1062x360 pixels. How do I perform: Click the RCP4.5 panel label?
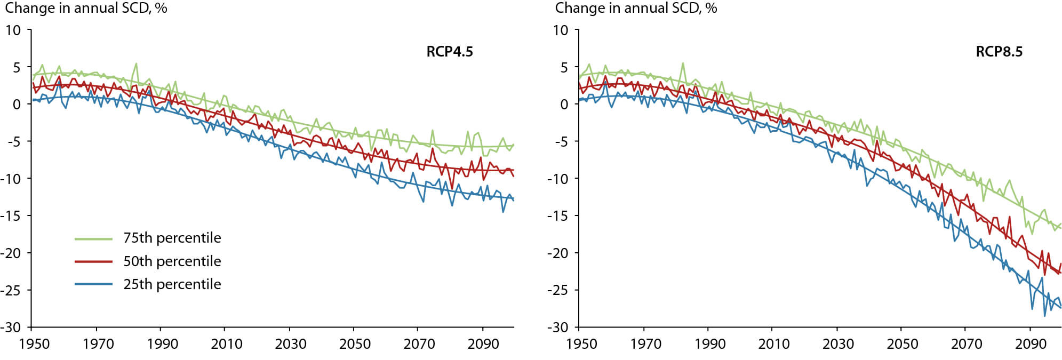(450, 52)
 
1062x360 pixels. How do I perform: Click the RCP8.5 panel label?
(999, 52)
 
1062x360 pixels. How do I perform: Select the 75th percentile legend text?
(172, 238)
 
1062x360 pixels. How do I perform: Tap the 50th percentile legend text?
(172, 261)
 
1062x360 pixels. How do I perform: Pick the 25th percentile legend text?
(172, 284)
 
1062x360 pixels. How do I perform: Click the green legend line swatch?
(93, 239)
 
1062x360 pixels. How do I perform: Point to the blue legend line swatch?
(93, 284)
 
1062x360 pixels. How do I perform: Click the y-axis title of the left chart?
(86, 8)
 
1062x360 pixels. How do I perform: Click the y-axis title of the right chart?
(636, 8)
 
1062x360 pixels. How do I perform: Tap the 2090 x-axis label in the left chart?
(483, 344)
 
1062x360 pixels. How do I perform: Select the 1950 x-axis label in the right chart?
(582, 344)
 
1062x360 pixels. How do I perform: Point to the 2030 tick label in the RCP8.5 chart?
(838, 344)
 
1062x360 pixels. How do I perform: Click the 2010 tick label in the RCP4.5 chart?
(227, 344)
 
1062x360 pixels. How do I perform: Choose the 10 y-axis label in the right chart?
(561, 30)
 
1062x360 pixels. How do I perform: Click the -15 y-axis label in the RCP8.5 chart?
(558, 215)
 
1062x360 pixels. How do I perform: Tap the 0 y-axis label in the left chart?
(17, 105)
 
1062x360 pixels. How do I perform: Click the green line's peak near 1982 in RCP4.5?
(136, 63)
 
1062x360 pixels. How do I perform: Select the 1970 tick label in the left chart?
(98, 344)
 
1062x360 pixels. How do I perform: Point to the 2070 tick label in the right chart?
(967, 344)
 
